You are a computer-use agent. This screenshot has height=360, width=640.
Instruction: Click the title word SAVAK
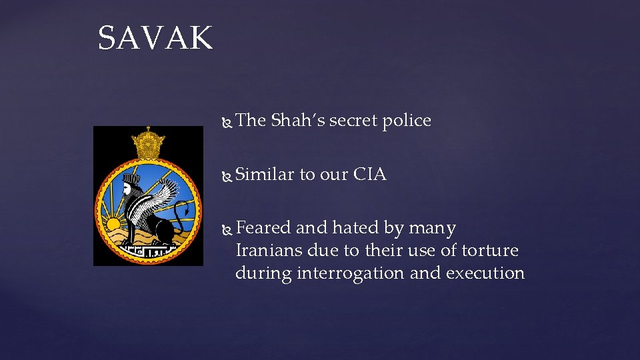(155, 38)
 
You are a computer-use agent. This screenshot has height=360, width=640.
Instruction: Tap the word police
(407, 121)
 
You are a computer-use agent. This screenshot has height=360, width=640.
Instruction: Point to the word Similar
(265, 175)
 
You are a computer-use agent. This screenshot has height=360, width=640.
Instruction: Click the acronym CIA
(369, 175)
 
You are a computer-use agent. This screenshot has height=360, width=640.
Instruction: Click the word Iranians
(269, 251)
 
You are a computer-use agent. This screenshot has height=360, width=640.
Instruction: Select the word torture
(490, 251)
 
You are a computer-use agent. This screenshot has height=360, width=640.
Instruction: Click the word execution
(485, 273)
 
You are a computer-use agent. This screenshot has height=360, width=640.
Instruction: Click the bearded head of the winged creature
(129, 187)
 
